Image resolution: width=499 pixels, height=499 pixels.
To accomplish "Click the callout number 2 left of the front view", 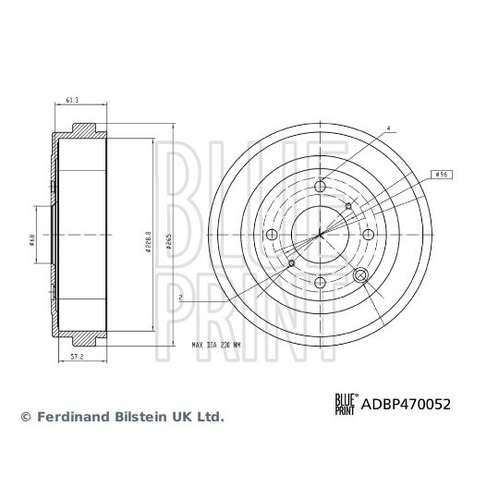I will [x=182, y=297].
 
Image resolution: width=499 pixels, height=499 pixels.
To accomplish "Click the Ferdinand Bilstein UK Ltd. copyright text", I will [x=121, y=417].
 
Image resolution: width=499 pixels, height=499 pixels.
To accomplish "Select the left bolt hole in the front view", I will [x=274, y=235].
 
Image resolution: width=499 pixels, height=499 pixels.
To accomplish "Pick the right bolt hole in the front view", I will [x=368, y=235].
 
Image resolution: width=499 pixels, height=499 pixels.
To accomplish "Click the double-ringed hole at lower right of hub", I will [x=361, y=274].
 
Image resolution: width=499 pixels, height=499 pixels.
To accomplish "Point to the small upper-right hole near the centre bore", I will [x=347, y=206].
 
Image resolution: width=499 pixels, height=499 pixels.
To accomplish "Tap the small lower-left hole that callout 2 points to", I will [x=293, y=264].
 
